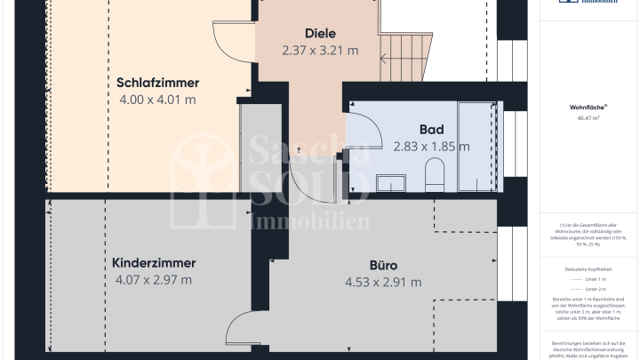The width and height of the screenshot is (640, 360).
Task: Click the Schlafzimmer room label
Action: [157, 83]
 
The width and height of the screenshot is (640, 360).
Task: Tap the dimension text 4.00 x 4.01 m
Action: [157, 100]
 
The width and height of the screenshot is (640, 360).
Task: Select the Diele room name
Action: [320, 33]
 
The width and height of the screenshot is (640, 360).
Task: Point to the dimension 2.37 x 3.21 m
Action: [320, 50]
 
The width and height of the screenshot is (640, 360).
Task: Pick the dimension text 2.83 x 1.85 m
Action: [431, 146]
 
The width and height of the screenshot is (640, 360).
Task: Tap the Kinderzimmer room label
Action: [154, 263]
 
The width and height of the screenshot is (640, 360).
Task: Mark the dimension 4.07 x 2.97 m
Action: [154, 280]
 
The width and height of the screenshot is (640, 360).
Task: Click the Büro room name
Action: [383, 265]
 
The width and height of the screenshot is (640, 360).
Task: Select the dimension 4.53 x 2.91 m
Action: [383, 282]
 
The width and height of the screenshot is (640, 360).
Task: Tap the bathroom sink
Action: [390, 182]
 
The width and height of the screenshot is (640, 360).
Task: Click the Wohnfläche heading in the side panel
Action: [585, 107]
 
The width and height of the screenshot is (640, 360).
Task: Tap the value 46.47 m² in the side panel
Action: [585, 116]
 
